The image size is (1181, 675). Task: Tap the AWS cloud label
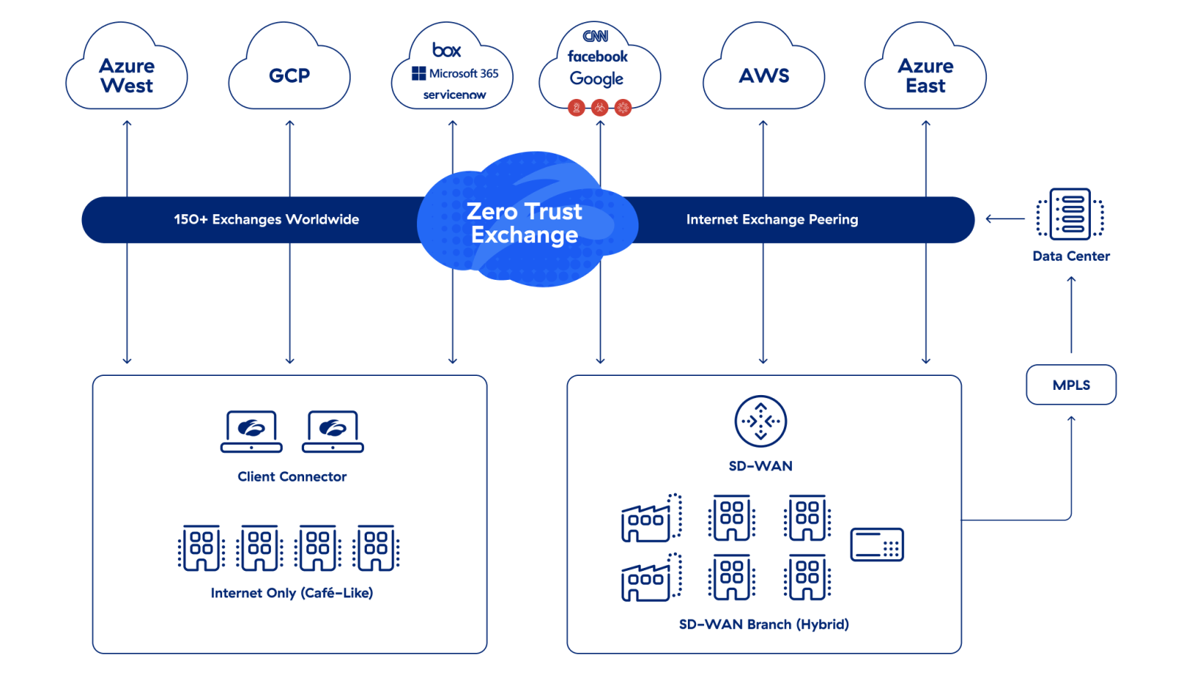coord(764,75)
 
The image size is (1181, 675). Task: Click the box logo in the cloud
coord(447,50)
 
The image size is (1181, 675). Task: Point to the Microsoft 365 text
coord(464,73)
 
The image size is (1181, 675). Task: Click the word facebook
coord(597,56)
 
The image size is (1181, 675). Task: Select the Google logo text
coord(596,78)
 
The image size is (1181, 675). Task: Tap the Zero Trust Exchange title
coord(524,222)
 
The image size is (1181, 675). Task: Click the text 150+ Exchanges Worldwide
coord(266,219)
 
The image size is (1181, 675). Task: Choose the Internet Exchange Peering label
coord(772,219)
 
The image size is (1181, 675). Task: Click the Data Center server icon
coord(1070,214)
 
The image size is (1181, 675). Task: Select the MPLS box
coord(1071,385)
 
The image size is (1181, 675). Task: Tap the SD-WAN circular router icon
coord(760,421)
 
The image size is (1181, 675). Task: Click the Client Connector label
coord(292,476)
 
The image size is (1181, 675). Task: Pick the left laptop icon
coord(252,431)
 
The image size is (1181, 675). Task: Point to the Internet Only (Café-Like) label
coord(292,592)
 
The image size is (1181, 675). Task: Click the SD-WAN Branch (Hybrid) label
coord(764,624)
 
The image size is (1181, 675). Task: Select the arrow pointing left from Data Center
coord(1005,219)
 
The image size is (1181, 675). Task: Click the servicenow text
coord(455,95)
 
